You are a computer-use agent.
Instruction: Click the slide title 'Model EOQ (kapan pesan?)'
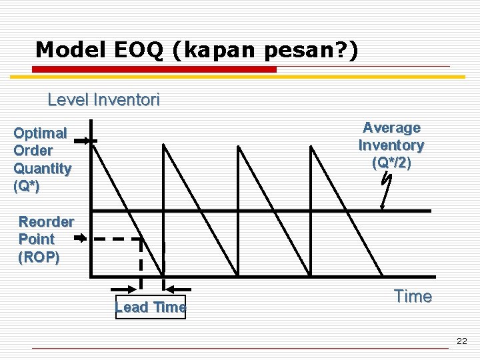tap(197, 49)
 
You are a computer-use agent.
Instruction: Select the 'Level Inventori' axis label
tap(103, 101)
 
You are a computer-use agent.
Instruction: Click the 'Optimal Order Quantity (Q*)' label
tap(42, 160)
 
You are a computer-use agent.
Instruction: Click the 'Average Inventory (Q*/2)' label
tap(391, 145)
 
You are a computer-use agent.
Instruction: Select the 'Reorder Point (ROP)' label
tap(45, 239)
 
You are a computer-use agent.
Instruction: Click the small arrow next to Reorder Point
tap(80, 238)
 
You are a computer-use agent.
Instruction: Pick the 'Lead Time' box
tap(151, 307)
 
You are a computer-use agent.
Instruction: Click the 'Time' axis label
tap(413, 297)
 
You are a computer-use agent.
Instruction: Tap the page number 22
tap(462, 341)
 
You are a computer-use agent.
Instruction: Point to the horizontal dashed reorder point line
tap(117, 239)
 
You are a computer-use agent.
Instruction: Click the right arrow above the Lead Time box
tap(178, 289)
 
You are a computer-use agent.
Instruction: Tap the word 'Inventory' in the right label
tap(391, 145)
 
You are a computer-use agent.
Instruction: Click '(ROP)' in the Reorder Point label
tap(39, 257)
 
